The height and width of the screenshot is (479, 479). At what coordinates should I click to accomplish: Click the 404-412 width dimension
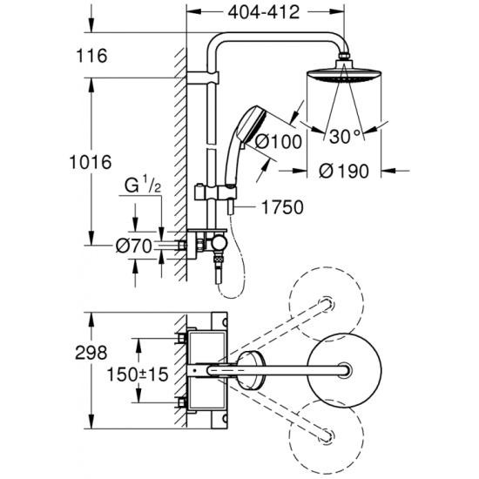264,12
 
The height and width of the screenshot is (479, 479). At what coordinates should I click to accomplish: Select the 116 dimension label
91,56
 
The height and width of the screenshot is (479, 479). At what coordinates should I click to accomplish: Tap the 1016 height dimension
91,162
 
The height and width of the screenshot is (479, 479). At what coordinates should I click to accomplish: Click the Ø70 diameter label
134,246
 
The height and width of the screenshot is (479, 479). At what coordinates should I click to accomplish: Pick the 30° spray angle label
346,136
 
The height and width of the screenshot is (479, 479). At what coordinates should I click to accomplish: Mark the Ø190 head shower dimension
344,171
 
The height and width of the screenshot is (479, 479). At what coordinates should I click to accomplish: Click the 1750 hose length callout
282,207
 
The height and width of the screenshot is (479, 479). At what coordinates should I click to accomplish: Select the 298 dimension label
91,353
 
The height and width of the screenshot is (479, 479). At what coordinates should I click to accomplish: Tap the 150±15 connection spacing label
138,374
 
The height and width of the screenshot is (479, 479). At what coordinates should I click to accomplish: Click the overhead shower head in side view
344,72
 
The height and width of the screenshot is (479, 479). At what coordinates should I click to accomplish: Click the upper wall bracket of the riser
203,78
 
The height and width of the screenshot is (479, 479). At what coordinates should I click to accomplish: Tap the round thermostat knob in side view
220,243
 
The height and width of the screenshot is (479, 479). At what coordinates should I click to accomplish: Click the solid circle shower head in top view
344,370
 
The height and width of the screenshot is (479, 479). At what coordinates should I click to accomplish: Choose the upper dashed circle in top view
327,304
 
